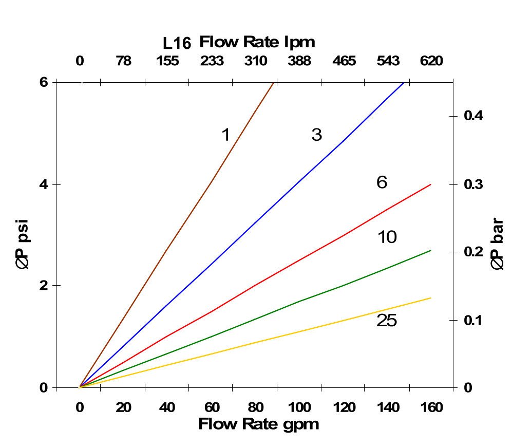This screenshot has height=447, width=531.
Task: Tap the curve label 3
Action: (316, 135)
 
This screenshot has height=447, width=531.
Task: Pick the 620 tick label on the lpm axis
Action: (431, 62)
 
